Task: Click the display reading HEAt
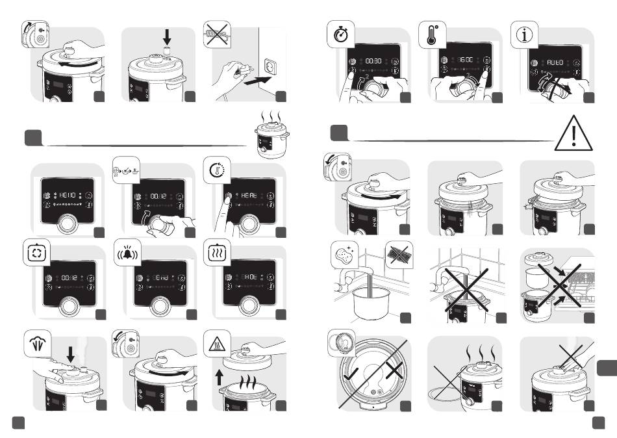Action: [251, 194]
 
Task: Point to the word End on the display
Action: [159, 279]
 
